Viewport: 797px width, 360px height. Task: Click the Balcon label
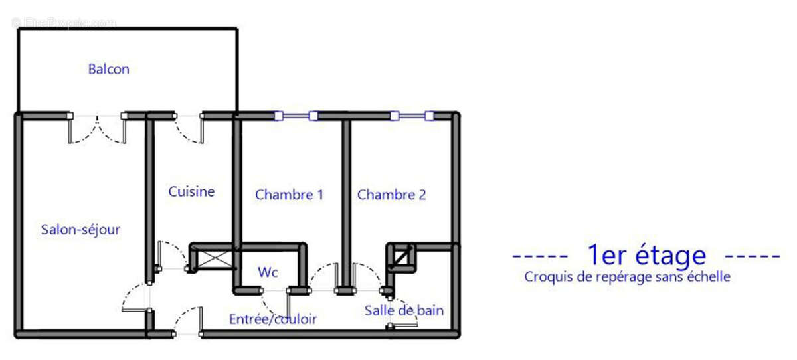click(x=109, y=69)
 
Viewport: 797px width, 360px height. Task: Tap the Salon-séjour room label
click(x=80, y=230)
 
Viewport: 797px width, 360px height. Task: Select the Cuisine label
click(x=191, y=192)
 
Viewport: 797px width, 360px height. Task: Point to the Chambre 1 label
click(x=289, y=195)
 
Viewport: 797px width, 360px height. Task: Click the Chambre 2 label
click(x=391, y=195)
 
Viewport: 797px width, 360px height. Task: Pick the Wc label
click(x=268, y=272)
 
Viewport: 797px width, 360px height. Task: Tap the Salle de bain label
click(x=404, y=310)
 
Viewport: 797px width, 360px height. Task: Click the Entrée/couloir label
click(x=272, y=319)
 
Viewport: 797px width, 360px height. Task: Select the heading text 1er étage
click(x=646, y=255)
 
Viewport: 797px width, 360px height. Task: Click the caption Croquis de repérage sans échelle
click(x=627, y=277)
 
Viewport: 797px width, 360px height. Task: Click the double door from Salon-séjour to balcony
click(x=97, y=126)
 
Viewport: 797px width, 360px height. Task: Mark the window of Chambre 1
click(x=296, y=116)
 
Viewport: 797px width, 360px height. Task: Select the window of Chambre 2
click(x=412, y=116)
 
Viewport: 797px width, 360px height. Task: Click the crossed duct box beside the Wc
click(x=213, y=258)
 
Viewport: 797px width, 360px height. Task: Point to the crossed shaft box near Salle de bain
click(x=401, y=257)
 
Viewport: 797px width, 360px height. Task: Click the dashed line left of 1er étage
click(x=540, y=256)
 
